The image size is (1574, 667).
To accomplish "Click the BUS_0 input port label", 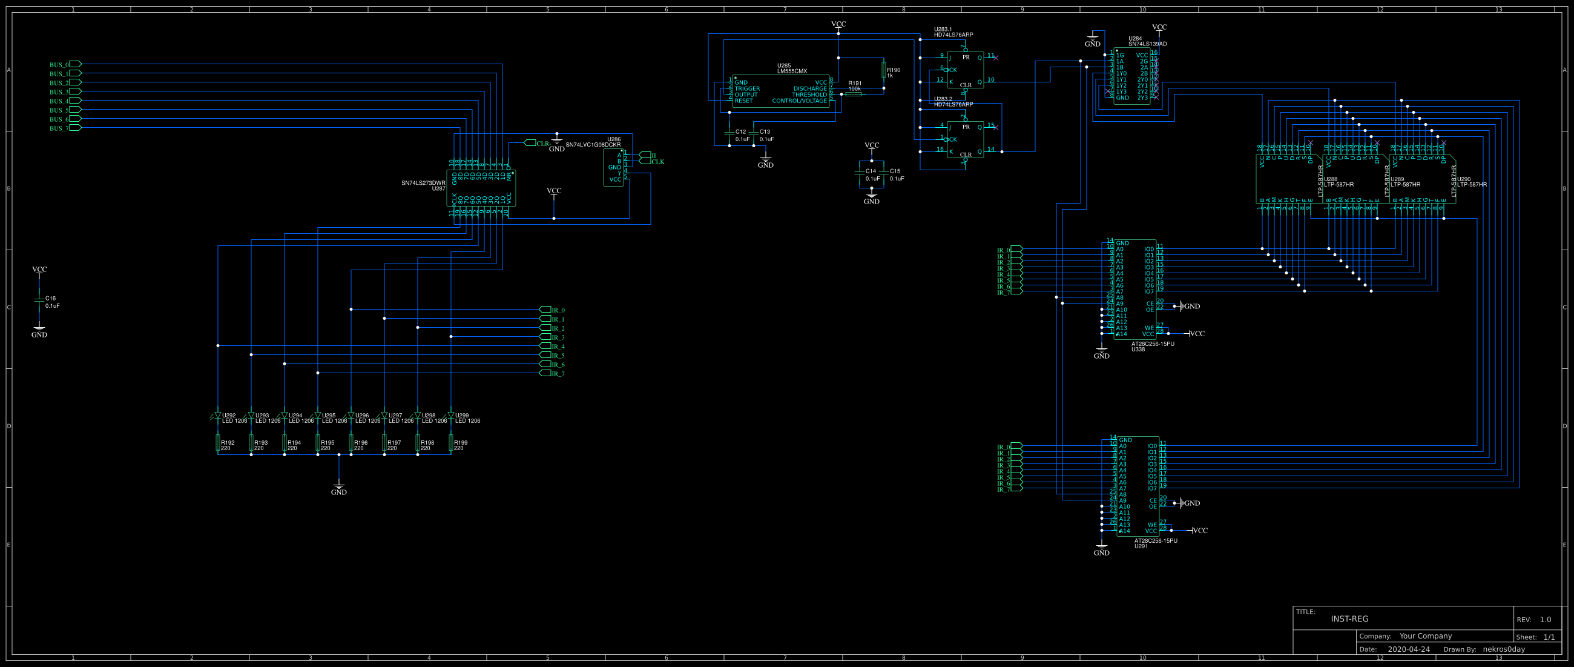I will click(59, 65).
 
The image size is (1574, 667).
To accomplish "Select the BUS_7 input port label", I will click(59, 129).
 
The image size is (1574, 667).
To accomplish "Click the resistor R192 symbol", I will click(218, 443).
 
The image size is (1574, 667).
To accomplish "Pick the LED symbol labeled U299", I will click(451, 416).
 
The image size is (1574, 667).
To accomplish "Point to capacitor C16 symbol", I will click(39, 300).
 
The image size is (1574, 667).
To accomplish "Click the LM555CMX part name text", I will click(792, 71).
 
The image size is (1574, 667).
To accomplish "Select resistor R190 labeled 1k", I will click(883, 71).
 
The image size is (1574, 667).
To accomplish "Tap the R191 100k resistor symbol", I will click(854, 95).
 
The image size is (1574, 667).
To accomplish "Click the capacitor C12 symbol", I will click(729, 133).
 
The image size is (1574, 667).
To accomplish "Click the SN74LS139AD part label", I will click(1147, 44).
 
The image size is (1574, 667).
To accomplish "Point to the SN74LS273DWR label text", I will click(423, 183).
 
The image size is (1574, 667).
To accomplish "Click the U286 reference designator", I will click(613, 139).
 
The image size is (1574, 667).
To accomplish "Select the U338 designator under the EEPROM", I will click(1138, 350).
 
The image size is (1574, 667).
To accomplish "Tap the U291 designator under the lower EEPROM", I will click(1141, 546).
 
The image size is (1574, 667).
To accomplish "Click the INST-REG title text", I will click(1349, 619).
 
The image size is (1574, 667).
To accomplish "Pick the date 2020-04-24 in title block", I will click(1408, 649).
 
